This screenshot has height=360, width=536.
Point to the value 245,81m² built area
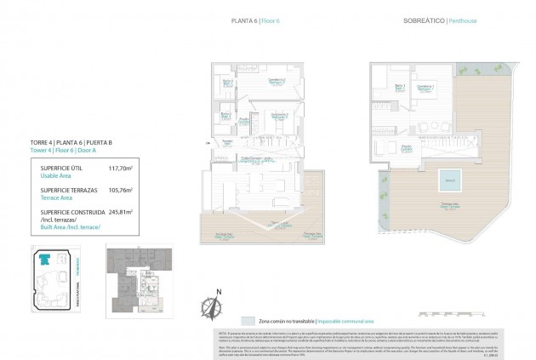point(122,208)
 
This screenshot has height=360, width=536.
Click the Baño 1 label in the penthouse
point(400,87)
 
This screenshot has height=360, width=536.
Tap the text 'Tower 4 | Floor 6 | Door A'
point(65,151)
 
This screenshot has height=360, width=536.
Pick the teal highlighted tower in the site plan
point(44,259)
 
